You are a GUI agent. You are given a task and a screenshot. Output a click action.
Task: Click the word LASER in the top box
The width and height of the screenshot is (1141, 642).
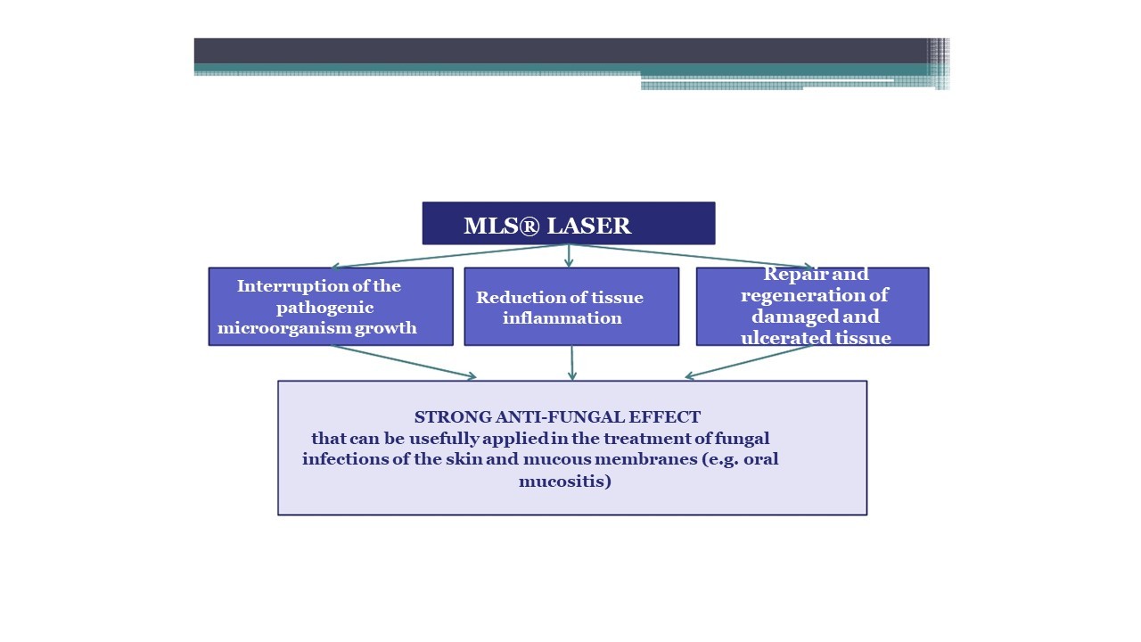point(589,226)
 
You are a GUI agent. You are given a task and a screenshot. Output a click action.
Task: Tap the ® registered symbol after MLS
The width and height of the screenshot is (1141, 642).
point(529,226)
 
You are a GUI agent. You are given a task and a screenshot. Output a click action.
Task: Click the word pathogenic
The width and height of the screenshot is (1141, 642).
point(325,308)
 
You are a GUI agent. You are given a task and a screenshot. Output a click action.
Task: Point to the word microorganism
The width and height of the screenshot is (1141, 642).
point(284,327)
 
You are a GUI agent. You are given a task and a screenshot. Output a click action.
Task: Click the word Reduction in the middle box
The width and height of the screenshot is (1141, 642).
point(513,297)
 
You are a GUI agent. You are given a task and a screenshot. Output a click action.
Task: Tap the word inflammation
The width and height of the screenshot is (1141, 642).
point(562,318)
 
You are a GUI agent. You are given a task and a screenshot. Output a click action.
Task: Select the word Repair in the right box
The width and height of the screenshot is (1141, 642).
point(792,275)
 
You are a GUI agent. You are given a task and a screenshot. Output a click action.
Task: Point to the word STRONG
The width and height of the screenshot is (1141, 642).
point(453,416)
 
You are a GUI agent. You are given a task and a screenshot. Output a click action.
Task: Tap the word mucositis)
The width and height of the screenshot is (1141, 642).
point(565,481)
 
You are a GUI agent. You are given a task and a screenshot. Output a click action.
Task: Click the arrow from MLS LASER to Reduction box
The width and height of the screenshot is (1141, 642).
point(569,256)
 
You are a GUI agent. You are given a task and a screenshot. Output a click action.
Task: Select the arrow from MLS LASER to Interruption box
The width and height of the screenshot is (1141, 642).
point(450,256)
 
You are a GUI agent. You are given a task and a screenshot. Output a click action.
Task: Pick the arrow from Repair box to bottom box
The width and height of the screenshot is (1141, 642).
point(749,362)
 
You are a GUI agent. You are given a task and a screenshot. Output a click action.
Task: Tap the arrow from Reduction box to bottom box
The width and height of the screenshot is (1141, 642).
point(572,363)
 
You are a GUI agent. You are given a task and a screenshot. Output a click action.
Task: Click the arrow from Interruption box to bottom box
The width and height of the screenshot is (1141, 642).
point(404,362)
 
